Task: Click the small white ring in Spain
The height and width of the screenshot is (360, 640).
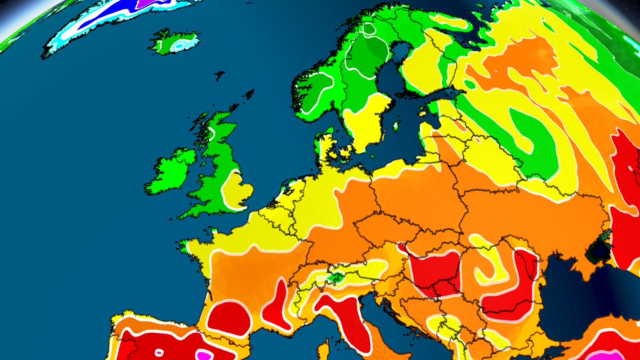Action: pyautogui.click(x=159, y=352)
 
